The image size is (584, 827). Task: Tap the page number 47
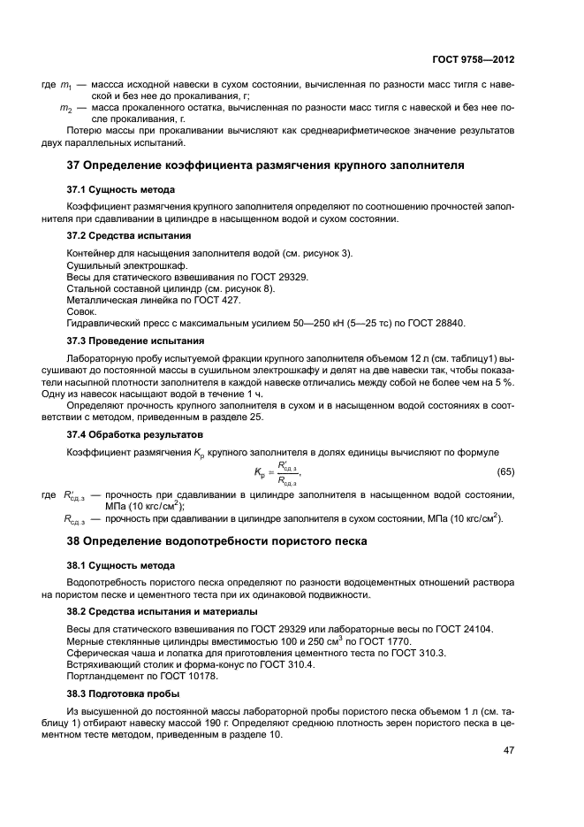pos(509,750)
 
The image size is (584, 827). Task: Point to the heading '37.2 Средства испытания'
pos(123,236)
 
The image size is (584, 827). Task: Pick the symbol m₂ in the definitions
pos(65,108)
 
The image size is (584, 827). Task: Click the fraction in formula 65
pos(287,474)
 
